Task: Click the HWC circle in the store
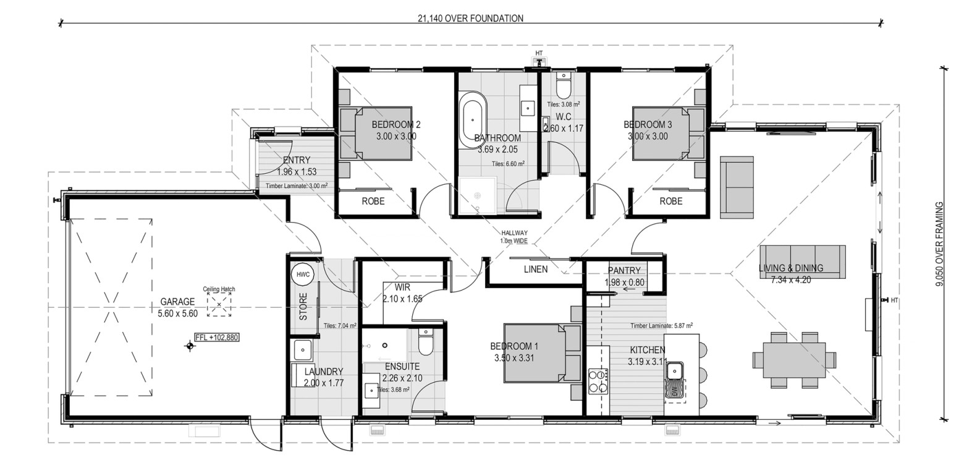click(x=303, y=274)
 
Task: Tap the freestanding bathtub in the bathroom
click(x=473, y=120)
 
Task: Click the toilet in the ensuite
click(x=425, y=342)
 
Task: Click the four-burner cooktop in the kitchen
click(x=598, y=381)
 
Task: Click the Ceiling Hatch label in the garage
click(x=219, y=289)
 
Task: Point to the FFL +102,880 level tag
click(x=217, y=338)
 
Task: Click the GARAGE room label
click(x=177, y=302)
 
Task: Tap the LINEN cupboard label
click(x=536, y=270)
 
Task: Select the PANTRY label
click(x=624, y=270)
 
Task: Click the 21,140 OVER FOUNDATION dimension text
click(x=470, y=18)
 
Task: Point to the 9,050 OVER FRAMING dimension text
click(x=940, y=245)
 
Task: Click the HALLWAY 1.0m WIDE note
click(x=514, y=237)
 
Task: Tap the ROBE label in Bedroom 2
click(x=373, y=201)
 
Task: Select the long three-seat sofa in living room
click(x=802, y=262)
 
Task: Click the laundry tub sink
click(x=303, y=349)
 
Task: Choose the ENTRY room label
click(x=297, y=160)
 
